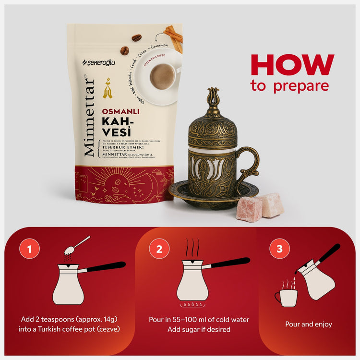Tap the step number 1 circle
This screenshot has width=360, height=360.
pos(29,249)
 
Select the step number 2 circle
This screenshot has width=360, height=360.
pos(159,249)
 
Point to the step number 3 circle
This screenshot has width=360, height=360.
pos(279,249)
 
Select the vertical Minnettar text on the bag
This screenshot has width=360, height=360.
pos(89,117)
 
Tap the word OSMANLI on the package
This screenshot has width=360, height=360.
pos(120,111)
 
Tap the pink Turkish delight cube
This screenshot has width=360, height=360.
pos(250,209)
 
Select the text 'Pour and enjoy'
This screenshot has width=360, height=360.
pos(308,324)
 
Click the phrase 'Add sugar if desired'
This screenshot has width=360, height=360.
pos(199,330)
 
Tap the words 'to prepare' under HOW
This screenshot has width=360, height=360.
pos(289,86)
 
